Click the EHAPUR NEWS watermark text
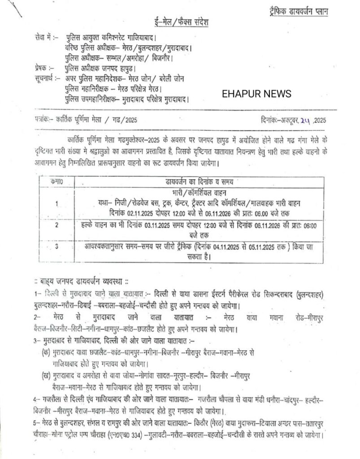(256, 94)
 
